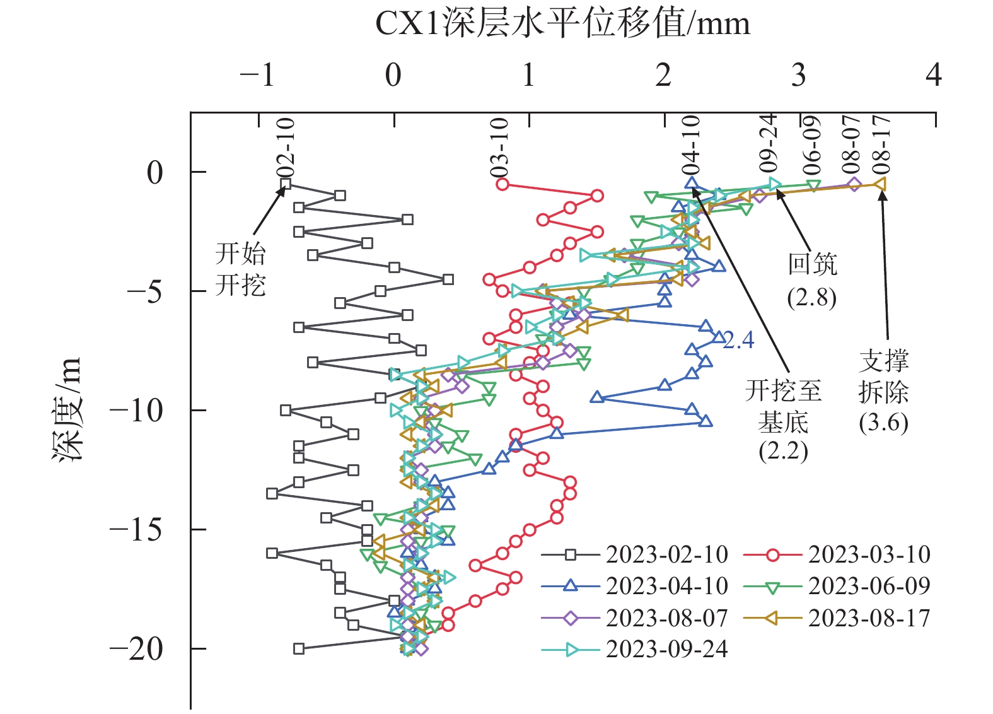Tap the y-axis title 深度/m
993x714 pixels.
tap(67, 410)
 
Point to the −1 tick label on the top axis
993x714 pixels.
tap(258, 76)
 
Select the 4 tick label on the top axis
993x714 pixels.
tap(934, 76)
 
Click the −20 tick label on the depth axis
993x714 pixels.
tap(136, 648)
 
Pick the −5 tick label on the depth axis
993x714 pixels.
tap(145, 291)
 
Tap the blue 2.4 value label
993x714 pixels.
tap(738, 341)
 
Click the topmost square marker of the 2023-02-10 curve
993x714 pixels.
tap(286, 184)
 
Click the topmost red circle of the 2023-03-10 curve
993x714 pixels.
tap(502, 184)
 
